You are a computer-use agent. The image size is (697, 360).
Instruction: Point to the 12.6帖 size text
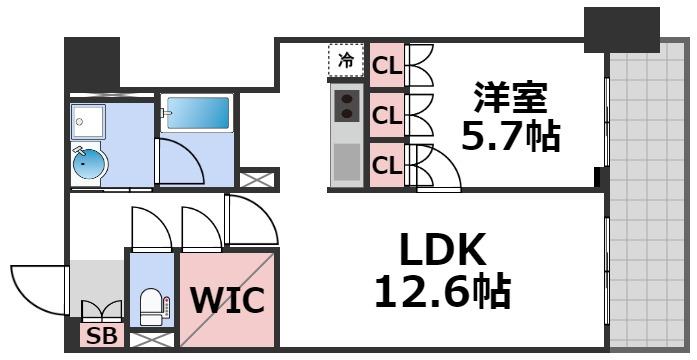[x=442, y=292]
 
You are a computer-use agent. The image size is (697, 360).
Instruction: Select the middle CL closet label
[x=386, y=115]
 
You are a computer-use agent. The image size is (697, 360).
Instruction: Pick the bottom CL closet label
[x=386, y=163]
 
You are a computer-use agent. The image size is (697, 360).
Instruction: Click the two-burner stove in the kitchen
[x=347, y=104]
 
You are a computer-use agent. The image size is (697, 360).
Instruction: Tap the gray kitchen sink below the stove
[x=347, y=160]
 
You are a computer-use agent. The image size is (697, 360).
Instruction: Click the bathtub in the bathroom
[x=198, y=113]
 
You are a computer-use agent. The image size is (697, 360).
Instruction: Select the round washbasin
[x=88, y=164]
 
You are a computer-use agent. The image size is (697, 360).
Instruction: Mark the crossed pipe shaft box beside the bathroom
[x=253, y=181]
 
